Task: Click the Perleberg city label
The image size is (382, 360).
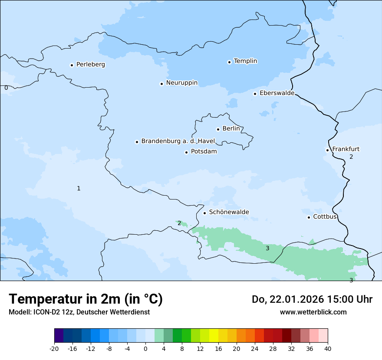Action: [x=90, y=65]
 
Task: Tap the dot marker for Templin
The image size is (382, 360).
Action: [x=229, y=62]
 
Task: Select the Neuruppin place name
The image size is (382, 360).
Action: [x=181, y=83]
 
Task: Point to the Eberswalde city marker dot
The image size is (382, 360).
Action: [x=255, y=94]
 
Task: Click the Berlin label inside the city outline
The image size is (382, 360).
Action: [x=231, y=129]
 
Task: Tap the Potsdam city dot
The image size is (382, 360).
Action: [x=186, y=152]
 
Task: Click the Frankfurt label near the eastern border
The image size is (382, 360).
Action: [x=346, y=149]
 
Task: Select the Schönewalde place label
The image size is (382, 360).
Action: [x=229, y=212]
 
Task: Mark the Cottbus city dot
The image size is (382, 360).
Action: [x=309, y=217]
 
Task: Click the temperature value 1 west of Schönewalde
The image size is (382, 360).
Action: [x=79, y=188]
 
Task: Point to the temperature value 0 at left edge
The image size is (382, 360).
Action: [x=6, y=88]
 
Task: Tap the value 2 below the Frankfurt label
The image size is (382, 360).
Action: [x=351, y=157]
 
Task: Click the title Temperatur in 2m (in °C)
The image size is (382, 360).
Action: [x=86, y=299]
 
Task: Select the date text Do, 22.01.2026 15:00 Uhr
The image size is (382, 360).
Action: [x=312, y=299]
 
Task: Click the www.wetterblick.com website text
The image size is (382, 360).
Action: [x=313, y=312]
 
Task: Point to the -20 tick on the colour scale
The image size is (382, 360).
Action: [x=54, y=348]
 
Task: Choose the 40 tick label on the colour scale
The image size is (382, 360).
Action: [x=328, y=348]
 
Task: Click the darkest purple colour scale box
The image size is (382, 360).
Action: [x=59, y=336]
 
